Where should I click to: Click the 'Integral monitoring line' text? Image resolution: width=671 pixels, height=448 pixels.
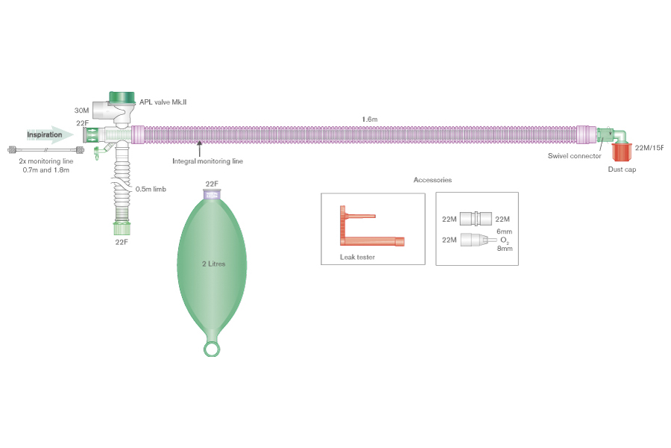pyautogui.click(x=207, y=161)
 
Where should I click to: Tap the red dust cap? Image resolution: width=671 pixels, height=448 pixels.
pyautogui.click(x=622, y=152)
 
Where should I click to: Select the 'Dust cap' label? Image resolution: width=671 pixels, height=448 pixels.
pyautogui.click(x=621, y=169)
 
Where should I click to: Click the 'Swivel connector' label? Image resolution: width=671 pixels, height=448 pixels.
pyautogui.click(x=574, y=156)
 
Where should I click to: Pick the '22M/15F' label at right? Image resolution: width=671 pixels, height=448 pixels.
pyautogui.click(x=649, y=147)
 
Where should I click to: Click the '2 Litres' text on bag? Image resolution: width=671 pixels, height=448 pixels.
pyautogui.click(x=212, y=264)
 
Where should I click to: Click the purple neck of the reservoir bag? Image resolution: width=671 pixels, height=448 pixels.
pyautogui.click(x=212, y=196)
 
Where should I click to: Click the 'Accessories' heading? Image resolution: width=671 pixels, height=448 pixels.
pyautogui.click(x=432, y=180)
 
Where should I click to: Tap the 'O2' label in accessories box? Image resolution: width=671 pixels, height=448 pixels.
pyautogui.click(x=503, y=240)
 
